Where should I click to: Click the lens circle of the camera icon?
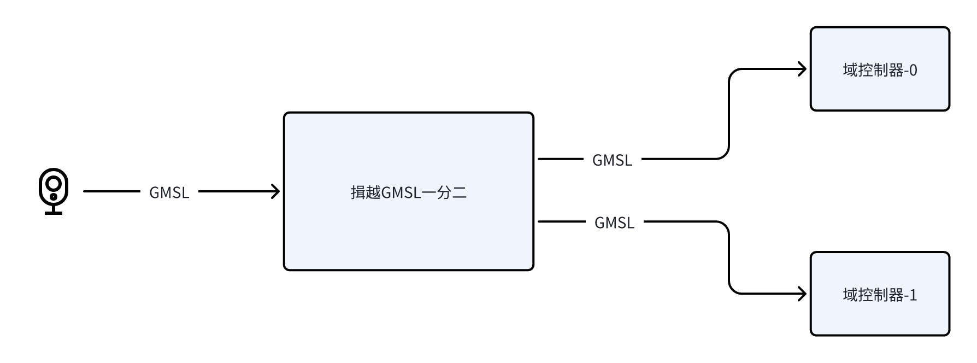coord(54,183)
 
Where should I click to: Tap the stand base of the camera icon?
coord(54,212)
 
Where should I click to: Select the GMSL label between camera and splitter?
coord(169,192)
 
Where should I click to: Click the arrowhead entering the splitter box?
coord(276,191)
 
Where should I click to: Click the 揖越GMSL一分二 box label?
coord(409,192)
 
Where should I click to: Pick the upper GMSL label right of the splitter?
coord(612,160)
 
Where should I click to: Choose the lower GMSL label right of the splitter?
coord(614,223)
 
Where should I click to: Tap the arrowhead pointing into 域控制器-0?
coord(803,69)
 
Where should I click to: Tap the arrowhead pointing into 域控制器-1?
coord(803,294)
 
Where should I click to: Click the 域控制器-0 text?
coord(880,71)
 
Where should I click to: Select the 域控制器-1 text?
coord(880,295)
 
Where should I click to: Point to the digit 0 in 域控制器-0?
coord(913,71)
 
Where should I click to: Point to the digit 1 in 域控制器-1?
coord(913,295)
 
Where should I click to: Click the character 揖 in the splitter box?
coord(357,192)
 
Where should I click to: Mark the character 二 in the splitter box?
coord(460,192)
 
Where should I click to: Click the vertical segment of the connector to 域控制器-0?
coord(729,115)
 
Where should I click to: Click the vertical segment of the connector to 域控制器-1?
coord(729,257)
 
